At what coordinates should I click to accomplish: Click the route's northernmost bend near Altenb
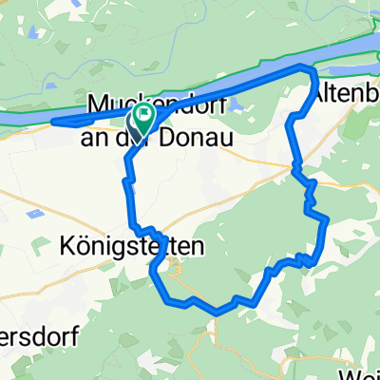[304, 68]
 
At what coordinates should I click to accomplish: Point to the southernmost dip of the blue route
[218, 311]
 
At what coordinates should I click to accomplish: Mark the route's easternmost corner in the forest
[327, 219]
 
